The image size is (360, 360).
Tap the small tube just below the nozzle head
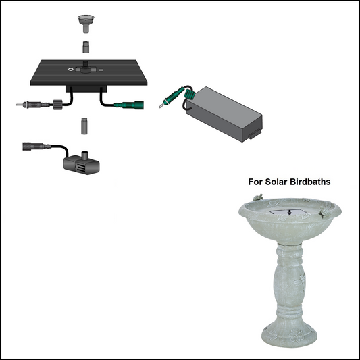(86, 47)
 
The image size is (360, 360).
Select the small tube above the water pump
(84, 126)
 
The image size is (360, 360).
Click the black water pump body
(78, 161)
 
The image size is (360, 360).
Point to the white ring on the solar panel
(70, 69)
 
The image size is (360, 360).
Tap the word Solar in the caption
(278, 182)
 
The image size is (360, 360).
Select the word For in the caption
(256, 182)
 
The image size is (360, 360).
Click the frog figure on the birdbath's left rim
(259, 197)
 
